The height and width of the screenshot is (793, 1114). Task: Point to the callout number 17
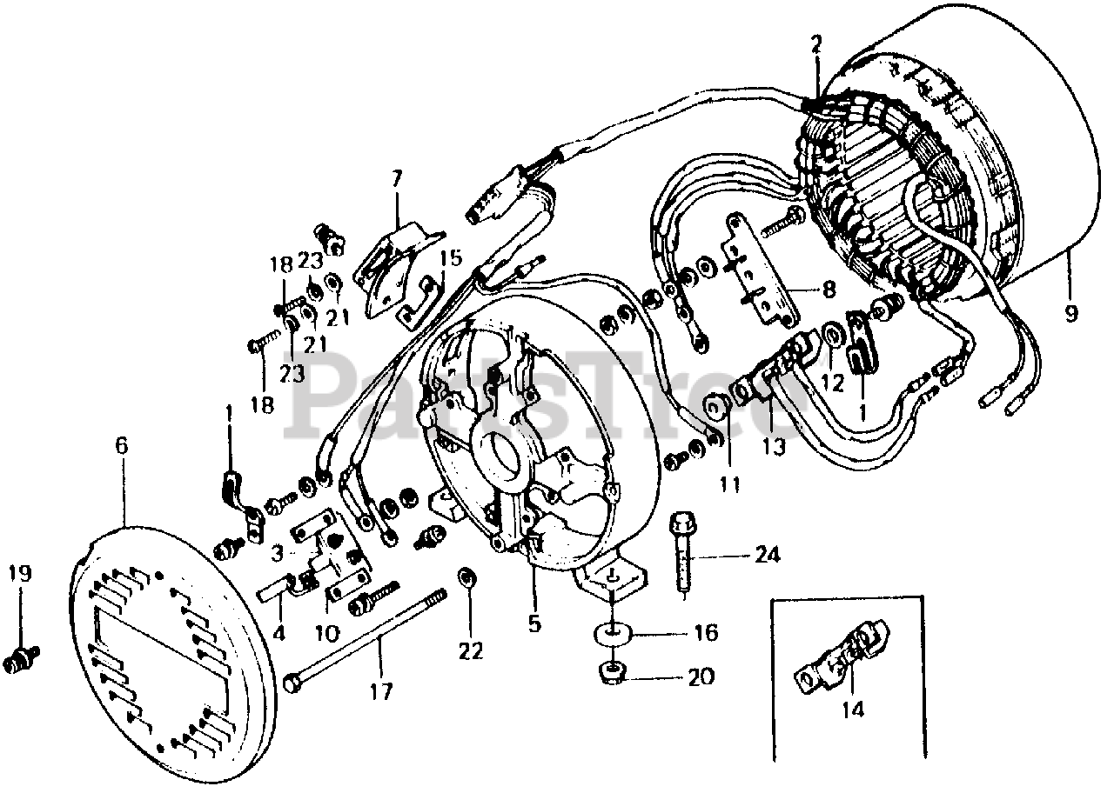pyautogui.click(x=380, y=693)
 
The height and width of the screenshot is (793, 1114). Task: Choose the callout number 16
pyautogui.click(x=706, y=632)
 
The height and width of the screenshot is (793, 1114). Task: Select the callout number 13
pyautogui.click(x=774, y=448)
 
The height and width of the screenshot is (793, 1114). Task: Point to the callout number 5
pyautogui.click(x=534, y=623)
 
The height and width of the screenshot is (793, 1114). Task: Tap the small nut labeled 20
pyautogui.click(x=613, y=673)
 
